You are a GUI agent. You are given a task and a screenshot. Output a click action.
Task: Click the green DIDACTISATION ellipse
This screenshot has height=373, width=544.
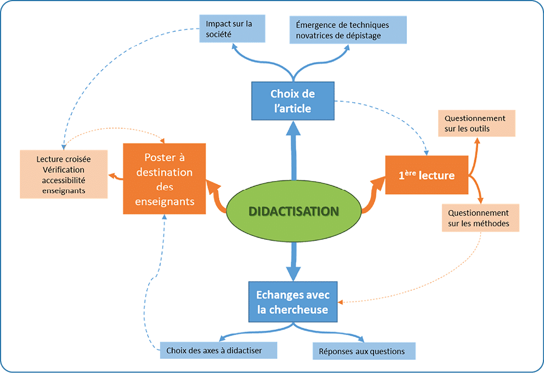(293, 211)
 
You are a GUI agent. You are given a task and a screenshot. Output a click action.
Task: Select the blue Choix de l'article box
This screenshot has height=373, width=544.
(292, 101)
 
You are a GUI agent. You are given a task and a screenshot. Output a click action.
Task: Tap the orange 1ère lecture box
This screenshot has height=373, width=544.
(427, 175)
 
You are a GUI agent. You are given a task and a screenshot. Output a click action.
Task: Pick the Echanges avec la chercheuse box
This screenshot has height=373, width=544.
(292, 302)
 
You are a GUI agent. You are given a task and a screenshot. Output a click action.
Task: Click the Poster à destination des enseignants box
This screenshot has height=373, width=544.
(164, 178)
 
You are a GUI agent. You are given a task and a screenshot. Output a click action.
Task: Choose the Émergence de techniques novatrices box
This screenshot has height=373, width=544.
(348, 30)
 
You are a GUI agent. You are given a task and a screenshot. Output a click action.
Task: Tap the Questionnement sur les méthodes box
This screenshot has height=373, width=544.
(479, 218)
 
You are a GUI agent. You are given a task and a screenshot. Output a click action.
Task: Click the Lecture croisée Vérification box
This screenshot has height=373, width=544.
(64, 174)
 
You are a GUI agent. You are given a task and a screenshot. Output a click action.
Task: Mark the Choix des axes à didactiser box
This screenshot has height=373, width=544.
(218, 350)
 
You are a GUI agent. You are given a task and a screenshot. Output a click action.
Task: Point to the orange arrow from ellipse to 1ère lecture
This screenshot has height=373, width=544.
(373, 195)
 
